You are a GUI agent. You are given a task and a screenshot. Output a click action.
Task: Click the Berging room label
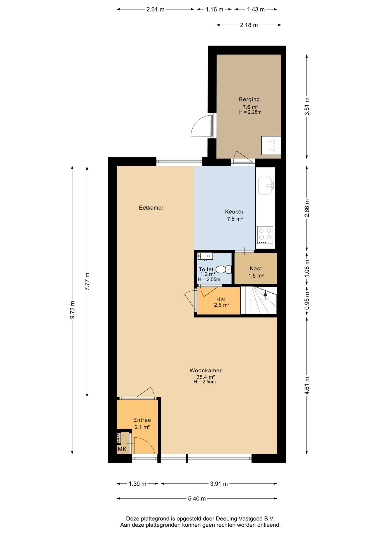point(249,99)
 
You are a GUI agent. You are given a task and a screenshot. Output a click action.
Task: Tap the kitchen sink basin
point(265,185)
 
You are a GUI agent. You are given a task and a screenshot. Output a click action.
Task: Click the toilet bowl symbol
point(224,269)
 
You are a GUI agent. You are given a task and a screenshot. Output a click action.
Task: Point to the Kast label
point(256,269)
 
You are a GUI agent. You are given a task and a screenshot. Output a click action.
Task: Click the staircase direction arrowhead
point(265,293)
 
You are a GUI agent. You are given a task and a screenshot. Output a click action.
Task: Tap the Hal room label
point(221,300)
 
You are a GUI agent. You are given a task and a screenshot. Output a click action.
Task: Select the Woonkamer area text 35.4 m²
point(206,377)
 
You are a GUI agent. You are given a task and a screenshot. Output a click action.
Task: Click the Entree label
point(142,420)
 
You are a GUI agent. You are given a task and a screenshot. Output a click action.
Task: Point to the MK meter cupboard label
point(122,449)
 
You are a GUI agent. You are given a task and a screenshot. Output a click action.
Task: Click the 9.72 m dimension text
point(72,310)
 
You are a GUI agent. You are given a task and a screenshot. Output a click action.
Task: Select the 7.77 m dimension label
point(87,281)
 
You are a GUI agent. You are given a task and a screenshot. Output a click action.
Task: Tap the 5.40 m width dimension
point(197,498)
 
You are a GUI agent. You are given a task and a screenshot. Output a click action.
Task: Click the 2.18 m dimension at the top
point(249,25)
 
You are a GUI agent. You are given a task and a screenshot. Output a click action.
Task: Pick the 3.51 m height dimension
point(307,106)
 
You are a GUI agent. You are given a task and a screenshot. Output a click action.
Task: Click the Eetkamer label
point(151,208)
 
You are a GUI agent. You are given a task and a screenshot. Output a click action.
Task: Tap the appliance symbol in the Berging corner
point(271,145)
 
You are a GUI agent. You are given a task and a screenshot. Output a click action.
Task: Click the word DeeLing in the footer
point(227,519)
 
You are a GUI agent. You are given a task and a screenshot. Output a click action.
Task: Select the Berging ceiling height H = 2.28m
point(250,112)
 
